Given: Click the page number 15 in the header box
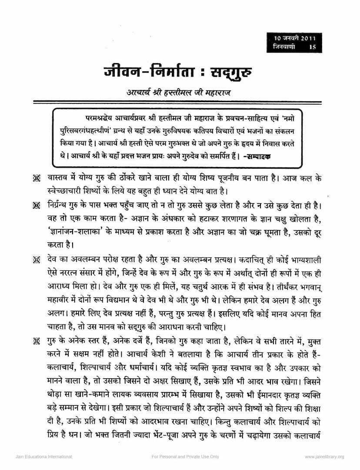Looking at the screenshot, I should click(x=313, y=47).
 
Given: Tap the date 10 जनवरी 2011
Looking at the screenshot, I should click(x=294, y=38).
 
